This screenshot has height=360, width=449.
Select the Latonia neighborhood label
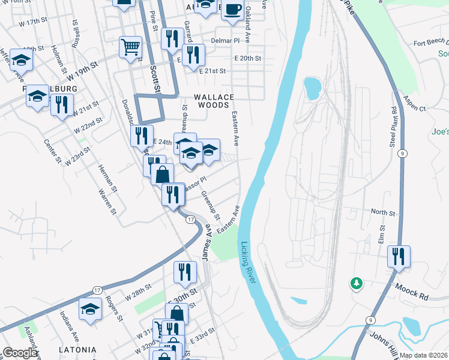[x=77, y=349]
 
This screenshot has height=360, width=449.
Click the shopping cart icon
[x=130, y=46]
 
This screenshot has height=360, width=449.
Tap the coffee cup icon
[x=234, y=9]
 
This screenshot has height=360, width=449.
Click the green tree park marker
[x=357, y=283]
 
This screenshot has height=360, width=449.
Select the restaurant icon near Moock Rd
[x=399, y=256]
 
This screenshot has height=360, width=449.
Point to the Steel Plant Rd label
[x=394, y=128]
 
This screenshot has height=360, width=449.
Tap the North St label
[x=383, y=212]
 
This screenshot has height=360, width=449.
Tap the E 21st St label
[x=212, y=71]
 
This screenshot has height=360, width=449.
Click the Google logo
[x=20, y=353]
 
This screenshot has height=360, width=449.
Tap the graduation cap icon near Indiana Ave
[x=91, y=310]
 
